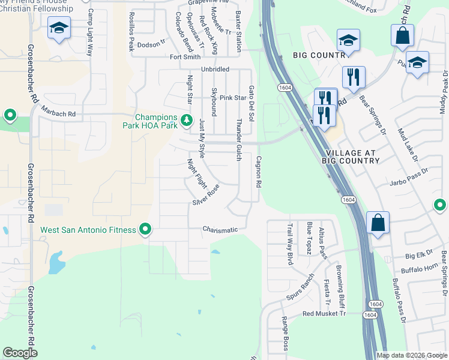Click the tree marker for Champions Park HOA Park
pos(187,121)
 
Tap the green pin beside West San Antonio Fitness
pos(145,230)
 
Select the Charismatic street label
pos(220,230)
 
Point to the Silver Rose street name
pos(206,194)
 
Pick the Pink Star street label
pos(233,98)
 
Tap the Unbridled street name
pos(215,70)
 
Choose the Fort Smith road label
pos(185,58)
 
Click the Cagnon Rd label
pos(259,173)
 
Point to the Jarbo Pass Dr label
pos(408,181)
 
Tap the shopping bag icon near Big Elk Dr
pos(378,223)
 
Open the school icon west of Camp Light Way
pos(59,28)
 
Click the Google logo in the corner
pos(20,353)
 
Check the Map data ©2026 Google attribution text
pos(412,355)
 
